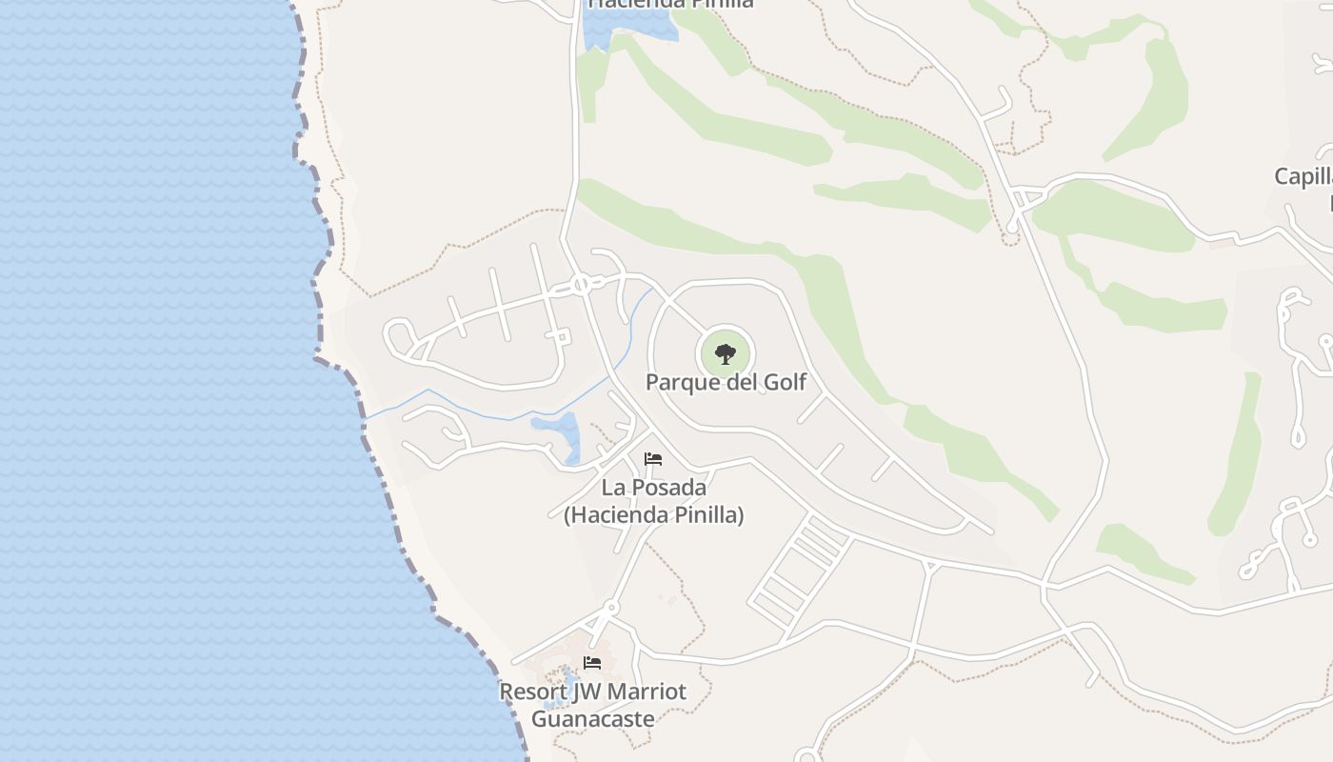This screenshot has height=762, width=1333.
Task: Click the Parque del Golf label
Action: pos(726,382)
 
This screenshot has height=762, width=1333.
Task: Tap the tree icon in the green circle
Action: pos(726,354)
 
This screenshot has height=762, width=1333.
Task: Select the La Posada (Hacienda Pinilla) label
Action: pos(653,501)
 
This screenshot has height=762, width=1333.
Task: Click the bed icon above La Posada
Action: pos(653,459)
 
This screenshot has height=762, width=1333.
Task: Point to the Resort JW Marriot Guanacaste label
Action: pos(592,704)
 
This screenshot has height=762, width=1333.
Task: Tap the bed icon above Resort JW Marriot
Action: pos(592,662)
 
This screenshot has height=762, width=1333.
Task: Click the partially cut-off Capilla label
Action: pos(1303,176)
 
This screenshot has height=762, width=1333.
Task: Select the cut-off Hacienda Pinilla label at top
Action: pos(670,4)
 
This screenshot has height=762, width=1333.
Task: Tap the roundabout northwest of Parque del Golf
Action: pos(581,284)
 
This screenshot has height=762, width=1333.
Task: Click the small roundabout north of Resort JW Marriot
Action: pos(611,607)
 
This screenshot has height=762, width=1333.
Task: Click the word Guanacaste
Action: pos(592,718)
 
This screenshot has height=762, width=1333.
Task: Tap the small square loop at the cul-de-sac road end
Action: pos(562,336)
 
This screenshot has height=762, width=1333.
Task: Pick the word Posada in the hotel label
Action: pos(673,488)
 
